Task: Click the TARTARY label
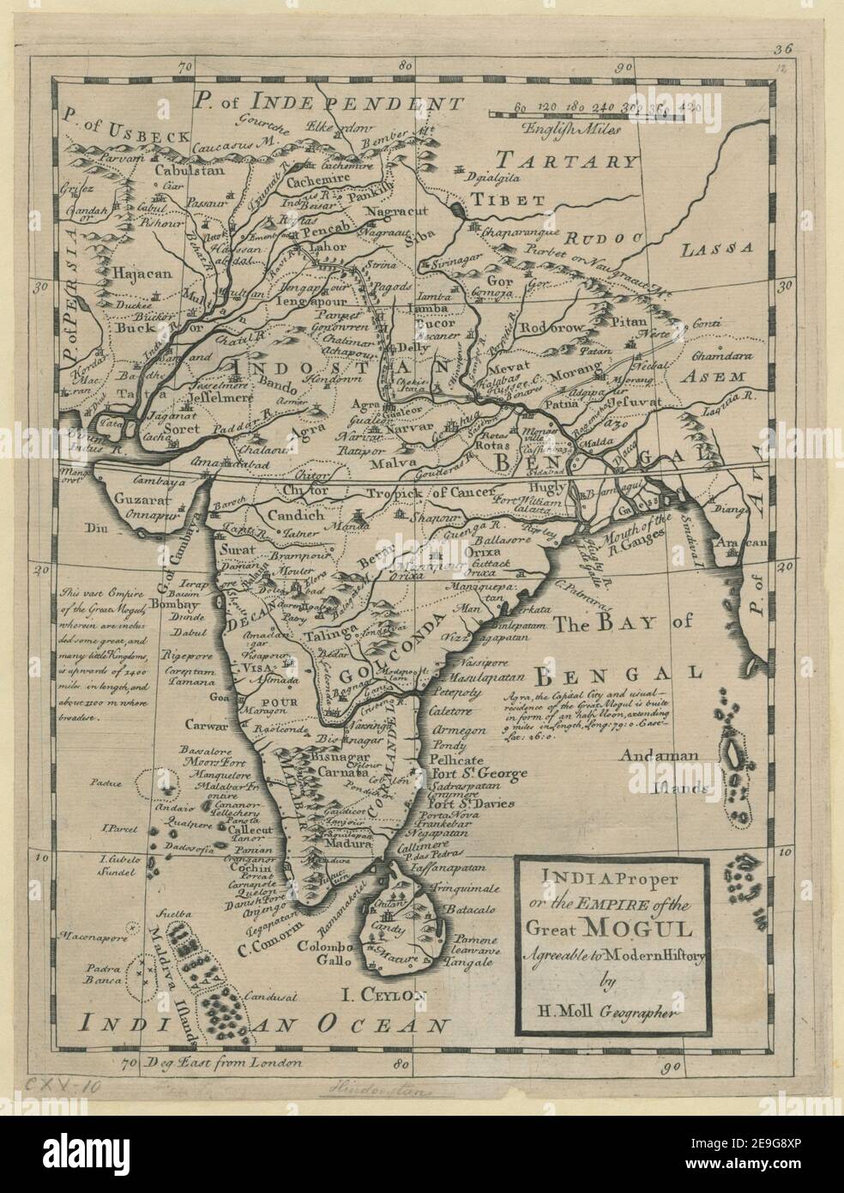[x=570, y=160]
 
